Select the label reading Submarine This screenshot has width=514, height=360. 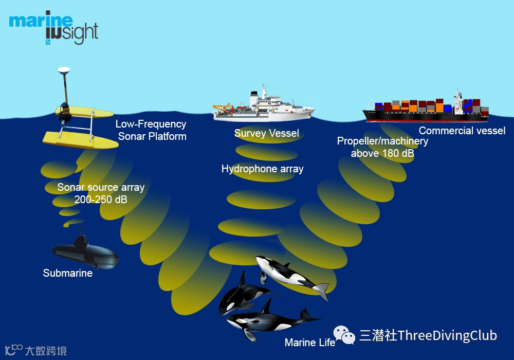(x=68, y=273)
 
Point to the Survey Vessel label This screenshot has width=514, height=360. (x=266, y=134)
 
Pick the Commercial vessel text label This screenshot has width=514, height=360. (x=462, y=131)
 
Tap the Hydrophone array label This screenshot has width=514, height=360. (x=262, y=169)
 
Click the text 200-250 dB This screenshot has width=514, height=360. (x=101, y=200)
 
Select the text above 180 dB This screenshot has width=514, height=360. (x=382, y=153)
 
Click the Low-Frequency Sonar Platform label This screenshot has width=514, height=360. (x=151, y=130)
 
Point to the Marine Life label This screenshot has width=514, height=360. (x=309, y=343)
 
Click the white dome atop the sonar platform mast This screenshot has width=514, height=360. (x=64, y=71)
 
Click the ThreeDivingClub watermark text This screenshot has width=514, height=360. (x=428, y=336)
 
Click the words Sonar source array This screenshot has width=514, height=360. (x=101, y=187)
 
